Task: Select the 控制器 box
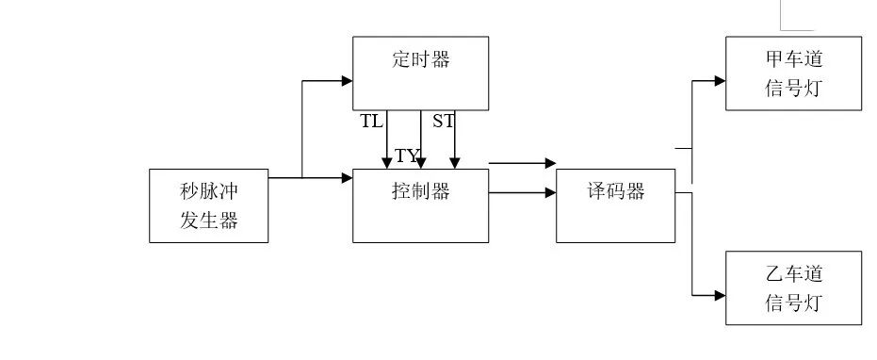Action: pos(420,205)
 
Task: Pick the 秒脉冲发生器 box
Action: pos(208,205)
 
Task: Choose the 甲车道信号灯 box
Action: pos(793,74)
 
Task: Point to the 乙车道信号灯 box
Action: pos(793,288)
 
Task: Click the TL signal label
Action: pos(371,122)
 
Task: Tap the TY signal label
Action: pos(406,155)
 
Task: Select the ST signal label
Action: pos(443,122)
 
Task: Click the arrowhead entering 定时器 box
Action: pos(347,81)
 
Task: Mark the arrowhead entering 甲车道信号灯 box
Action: pos(720,81)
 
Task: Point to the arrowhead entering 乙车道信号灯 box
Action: pos(720,296)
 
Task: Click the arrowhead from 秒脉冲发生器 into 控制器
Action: pos(347,177)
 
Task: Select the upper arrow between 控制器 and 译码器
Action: pos(523,163)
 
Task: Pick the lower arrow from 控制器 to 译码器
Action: pos(523,194)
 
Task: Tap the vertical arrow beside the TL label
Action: pos(386,141)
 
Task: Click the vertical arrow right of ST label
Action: pos(454,141)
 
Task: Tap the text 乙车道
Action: pos(793,274)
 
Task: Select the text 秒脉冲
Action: pos(208,191)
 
